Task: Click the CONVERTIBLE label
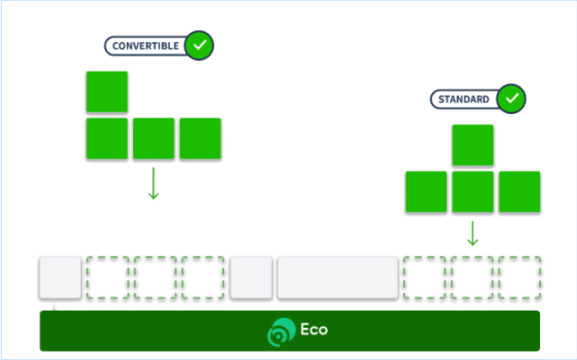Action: point(145,46)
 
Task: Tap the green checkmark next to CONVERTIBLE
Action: point(200,45)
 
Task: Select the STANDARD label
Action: point(464,99)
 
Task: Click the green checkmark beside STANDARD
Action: point(512,98)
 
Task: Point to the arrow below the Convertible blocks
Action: point(153,184)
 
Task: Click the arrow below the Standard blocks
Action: point(473,234)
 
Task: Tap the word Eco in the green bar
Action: point(314,330)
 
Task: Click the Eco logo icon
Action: point(280,332)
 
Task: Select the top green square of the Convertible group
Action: point(107,92)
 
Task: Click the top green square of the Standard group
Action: point(473,145)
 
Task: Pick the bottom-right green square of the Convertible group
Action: point(200,138)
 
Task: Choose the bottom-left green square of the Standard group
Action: point(426,192)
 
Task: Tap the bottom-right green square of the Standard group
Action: point(519,192)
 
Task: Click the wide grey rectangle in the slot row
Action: point(338,278)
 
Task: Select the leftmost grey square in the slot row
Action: point(60,278)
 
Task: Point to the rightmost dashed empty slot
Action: point(520,278)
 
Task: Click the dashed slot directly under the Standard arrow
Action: point(472,278)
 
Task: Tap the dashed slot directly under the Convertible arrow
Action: point(155,278)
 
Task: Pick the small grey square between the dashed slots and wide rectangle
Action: point(251,278)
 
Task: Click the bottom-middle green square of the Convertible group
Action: point(154,138)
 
